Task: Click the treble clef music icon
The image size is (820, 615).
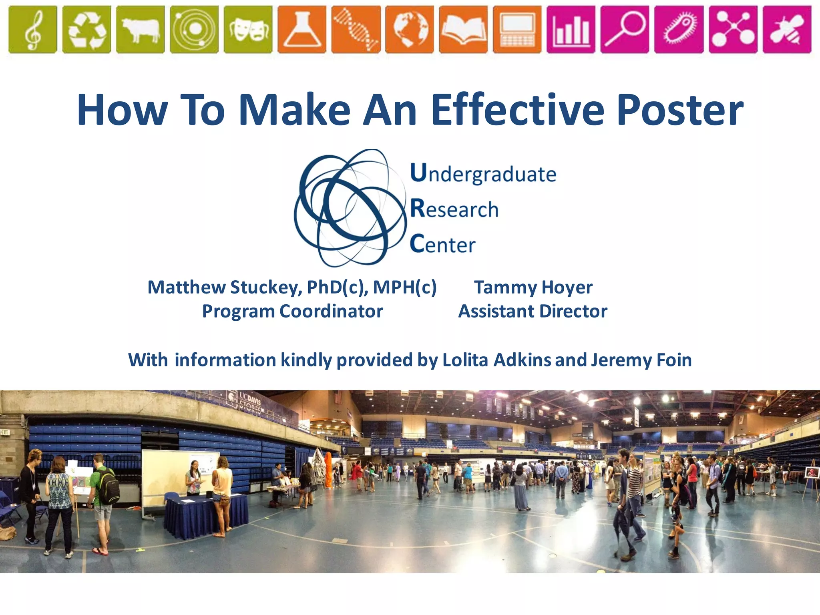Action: pyautogui.click(x=32, y=29)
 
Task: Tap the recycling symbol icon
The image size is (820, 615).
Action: pyautogui.click(x=86, y=29)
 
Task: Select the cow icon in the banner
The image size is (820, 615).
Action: pyautogui.click(x=140, y=29)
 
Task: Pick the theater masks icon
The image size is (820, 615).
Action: pyautogui.click(x=248, y=29)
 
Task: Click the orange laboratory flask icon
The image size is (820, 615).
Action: pyautogui.click(x=301, y=29)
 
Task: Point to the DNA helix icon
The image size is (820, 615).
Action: pyautogui.click(x=356, y=29)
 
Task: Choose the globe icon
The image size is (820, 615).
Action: pyautogui.click(x=409, y=29)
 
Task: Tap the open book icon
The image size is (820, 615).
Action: pyautogui.click(x=463, y=29)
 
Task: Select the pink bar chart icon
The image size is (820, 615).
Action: pyautogui.click(x=571, y=29)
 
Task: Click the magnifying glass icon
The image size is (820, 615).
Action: pyautogui.click(x=625, y=29)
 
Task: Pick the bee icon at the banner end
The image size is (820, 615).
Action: pyautogui.click(x=787, y=29)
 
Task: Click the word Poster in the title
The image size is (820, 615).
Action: pyautogui.click(x=680, y=110)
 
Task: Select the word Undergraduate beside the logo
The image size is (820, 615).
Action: pyautogui.click(x=483, y=174)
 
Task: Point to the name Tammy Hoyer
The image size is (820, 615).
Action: pyautogui.click(x=533, y=287)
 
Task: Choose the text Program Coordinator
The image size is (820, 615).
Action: pyautogui.click(x=292, y=312)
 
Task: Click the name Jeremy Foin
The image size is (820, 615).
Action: pyautogui.click(x=641, y=360)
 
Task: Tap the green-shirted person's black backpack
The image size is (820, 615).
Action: pyautogui.click(x=109, y=487)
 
